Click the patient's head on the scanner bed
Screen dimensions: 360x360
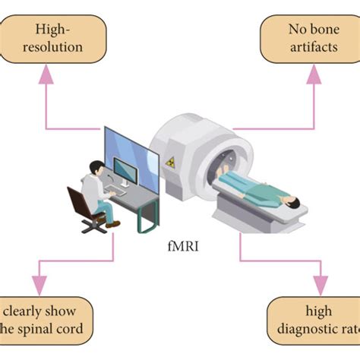(293, 201)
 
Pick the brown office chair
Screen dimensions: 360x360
(83, 209)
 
